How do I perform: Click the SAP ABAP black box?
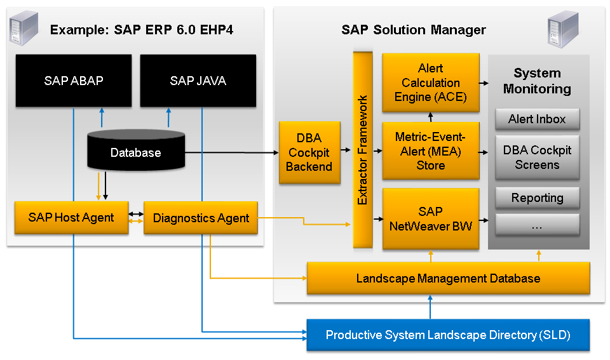74,81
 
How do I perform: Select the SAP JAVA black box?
198,81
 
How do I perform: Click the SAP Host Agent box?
71,218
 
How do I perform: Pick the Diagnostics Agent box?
201,218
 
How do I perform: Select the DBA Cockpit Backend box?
309,152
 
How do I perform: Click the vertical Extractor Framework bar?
362,150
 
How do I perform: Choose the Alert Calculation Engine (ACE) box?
431,83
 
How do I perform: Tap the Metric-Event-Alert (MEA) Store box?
431,151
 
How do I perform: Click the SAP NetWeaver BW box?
431,218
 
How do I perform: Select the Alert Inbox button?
537,119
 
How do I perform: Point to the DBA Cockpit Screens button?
537,157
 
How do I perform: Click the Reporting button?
537,197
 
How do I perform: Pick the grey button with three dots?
537,225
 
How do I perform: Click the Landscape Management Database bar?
448,278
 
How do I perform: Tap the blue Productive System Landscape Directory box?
448,335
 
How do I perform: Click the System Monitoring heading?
537,81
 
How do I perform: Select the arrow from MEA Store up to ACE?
430,116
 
